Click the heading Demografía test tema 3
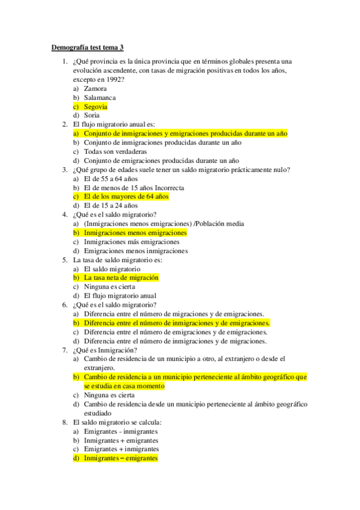click(x=88, y=48)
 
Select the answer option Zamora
click(x=96, y=88)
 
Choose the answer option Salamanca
click(x=100, y=97)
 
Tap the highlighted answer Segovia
click(x=96, y=106)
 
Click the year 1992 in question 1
click(x=114, y=79)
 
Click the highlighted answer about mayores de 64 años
click(x=126, y=197)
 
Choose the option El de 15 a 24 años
click(x=111, y=206)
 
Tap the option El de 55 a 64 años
click(x=111, y=179)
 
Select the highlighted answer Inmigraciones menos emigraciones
click(x=135, y=233)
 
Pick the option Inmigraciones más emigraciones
click(x=132, y=242)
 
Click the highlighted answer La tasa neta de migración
click(x=121, y=278)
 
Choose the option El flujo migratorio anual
click(x=120, y=296)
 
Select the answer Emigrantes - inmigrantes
click(x=121, y=431)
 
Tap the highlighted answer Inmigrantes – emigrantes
click(x=121, y=458)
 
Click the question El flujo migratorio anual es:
click(x=113, y=124)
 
